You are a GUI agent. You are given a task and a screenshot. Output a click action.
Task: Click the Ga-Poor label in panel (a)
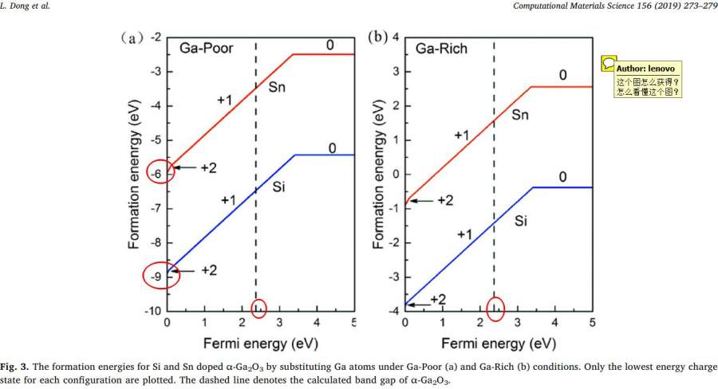coord(206,48)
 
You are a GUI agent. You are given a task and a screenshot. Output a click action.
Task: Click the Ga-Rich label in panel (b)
coord(441,49)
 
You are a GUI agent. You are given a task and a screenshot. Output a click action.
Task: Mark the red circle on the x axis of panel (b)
coord(495,307)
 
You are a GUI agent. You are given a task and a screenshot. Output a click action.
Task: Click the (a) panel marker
coord(132,37)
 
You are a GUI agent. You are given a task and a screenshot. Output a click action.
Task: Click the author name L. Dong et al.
coord(23,7)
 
